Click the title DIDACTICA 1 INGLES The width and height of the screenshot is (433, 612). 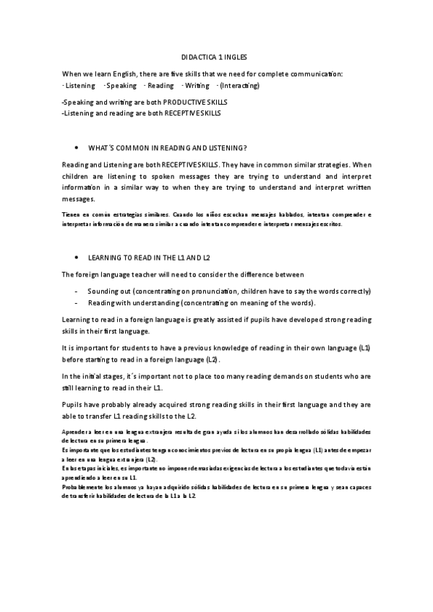(216, 56)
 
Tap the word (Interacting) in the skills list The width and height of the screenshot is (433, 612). (240, 85)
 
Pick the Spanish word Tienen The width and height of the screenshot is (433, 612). (72, 214)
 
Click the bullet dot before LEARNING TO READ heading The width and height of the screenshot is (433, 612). (77, 257)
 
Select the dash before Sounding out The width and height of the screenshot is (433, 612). (76, 291)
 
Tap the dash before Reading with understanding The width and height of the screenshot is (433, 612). (76, 302)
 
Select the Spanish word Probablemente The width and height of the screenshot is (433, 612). (84, 487)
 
